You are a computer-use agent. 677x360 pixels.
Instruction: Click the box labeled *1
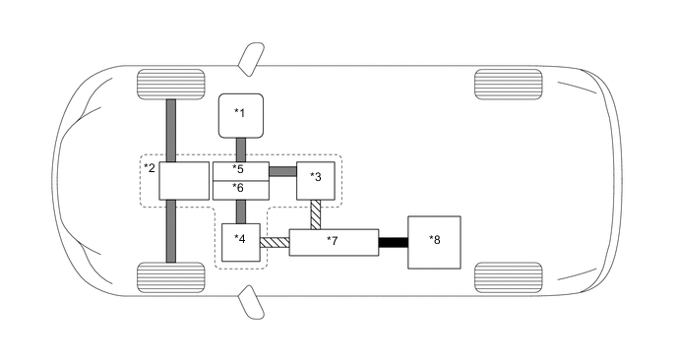pos(239,116)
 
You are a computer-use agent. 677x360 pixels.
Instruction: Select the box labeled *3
pos(316,180)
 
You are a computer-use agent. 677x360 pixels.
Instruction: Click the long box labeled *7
pos(334,242)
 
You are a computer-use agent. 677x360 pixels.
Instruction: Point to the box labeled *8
pos(433,241)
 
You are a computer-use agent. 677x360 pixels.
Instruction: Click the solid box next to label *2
pos(184,181)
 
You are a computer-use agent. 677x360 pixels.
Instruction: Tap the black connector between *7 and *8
pos(393,242)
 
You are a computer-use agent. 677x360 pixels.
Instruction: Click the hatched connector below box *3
pos(316,213)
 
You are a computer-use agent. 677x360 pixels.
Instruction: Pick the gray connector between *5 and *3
pos(282,171)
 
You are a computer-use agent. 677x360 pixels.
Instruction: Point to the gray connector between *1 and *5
pos(240,150)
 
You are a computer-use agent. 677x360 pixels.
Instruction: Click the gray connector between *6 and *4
pos(240,211)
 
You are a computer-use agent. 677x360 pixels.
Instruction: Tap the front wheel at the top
pos(170,85)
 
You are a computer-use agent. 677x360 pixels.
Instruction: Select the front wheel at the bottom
pos(170,276)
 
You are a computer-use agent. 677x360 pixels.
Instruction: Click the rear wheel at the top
pos(508,85)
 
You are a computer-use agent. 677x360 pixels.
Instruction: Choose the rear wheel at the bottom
pos(508,276)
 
